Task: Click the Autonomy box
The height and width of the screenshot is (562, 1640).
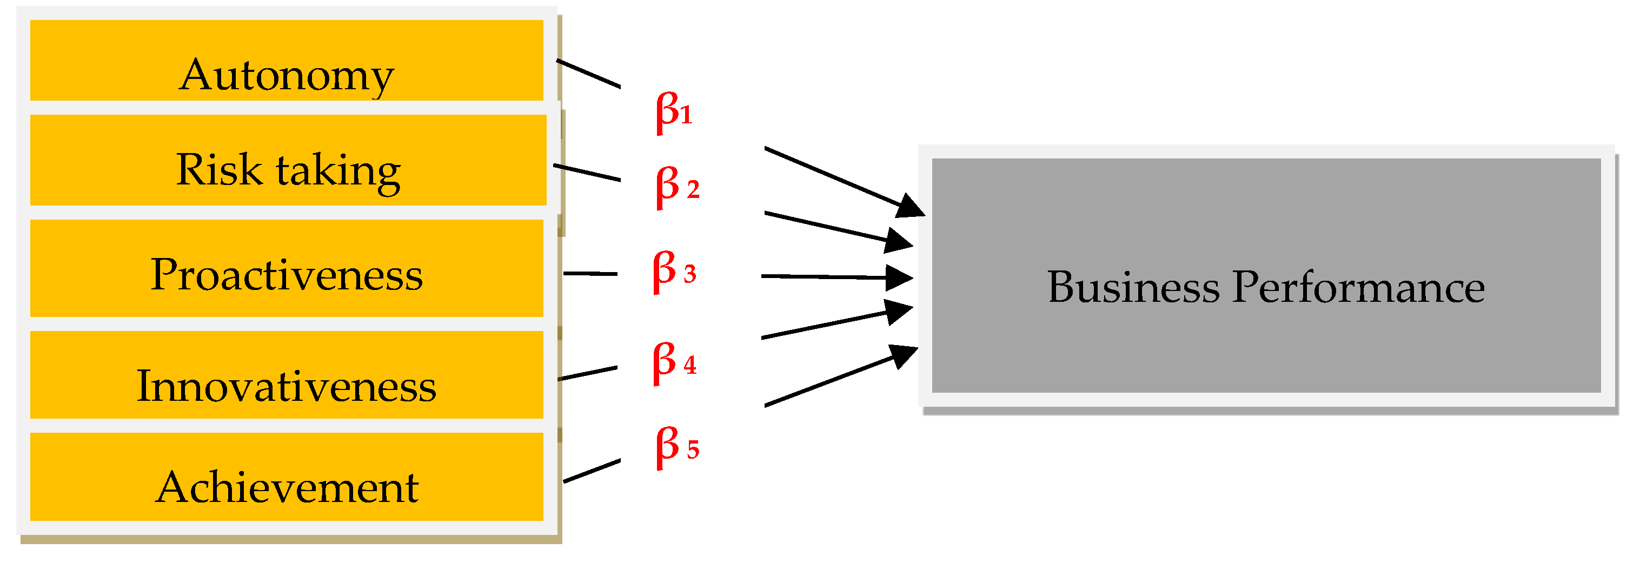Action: (287, 61)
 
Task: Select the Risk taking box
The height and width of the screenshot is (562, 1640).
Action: (288, 160)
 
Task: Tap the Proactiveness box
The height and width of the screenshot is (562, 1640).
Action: (287, 268)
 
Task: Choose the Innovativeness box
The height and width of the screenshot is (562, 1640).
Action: (287, 375)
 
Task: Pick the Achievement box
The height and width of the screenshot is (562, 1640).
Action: (287, 477)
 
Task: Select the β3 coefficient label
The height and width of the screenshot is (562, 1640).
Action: (674, 271)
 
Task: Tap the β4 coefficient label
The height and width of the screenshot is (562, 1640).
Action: (674, 362)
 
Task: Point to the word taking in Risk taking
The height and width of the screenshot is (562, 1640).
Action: (337, 171)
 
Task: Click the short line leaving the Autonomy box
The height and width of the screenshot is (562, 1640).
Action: (588, 73)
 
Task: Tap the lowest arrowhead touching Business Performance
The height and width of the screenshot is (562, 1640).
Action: (905, 355)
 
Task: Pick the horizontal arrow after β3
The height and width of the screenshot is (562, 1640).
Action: (834, 277)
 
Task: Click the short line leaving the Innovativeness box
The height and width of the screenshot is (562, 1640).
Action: (587, 373)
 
